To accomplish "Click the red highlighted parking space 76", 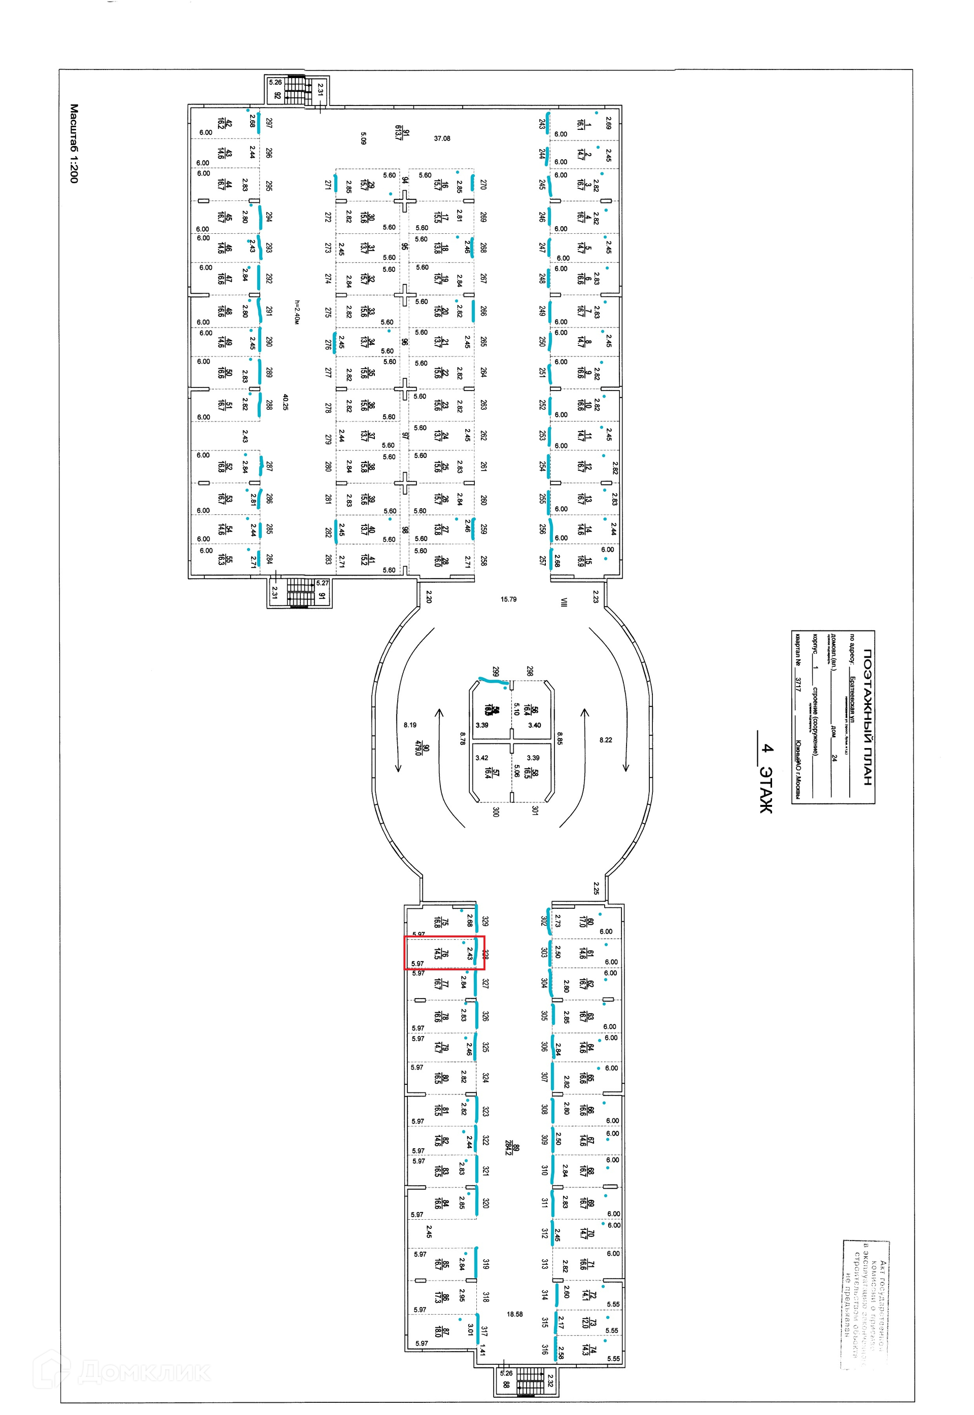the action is (x=444, y=952).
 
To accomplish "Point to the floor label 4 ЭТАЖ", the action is (x=767, y=778).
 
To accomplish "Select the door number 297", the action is (x=269, y=123).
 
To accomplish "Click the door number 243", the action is (x=542, y=123).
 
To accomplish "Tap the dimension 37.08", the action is (x=442, y=138).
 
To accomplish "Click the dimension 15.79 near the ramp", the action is (x=508, y=599).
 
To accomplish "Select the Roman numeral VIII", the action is (x=565, y=602).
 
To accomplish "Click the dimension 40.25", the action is (x=285, y=402).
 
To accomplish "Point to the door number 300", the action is (x=496, y=811).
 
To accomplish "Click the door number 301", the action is (x=535, y=810).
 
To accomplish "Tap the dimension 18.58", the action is (x=515, y=1314).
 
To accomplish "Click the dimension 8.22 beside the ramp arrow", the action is (x=605, y=739).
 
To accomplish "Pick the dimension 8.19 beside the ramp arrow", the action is (x=410, y=725).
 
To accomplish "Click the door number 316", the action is (x=544, y=1349).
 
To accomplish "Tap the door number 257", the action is (x=542, y=560).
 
